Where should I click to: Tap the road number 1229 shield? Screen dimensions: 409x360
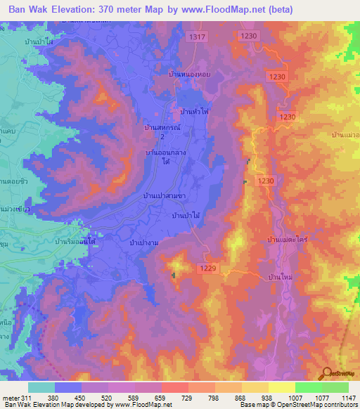pos(207,268)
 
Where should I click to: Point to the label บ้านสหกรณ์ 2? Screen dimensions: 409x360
pos(162,131)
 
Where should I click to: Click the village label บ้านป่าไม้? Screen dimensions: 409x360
pos(186,216)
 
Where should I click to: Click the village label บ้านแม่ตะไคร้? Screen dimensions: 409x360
pos(289,241)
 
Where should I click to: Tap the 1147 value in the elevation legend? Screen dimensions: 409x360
pos(347,398)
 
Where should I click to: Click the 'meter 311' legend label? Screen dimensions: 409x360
pos(18,398)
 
